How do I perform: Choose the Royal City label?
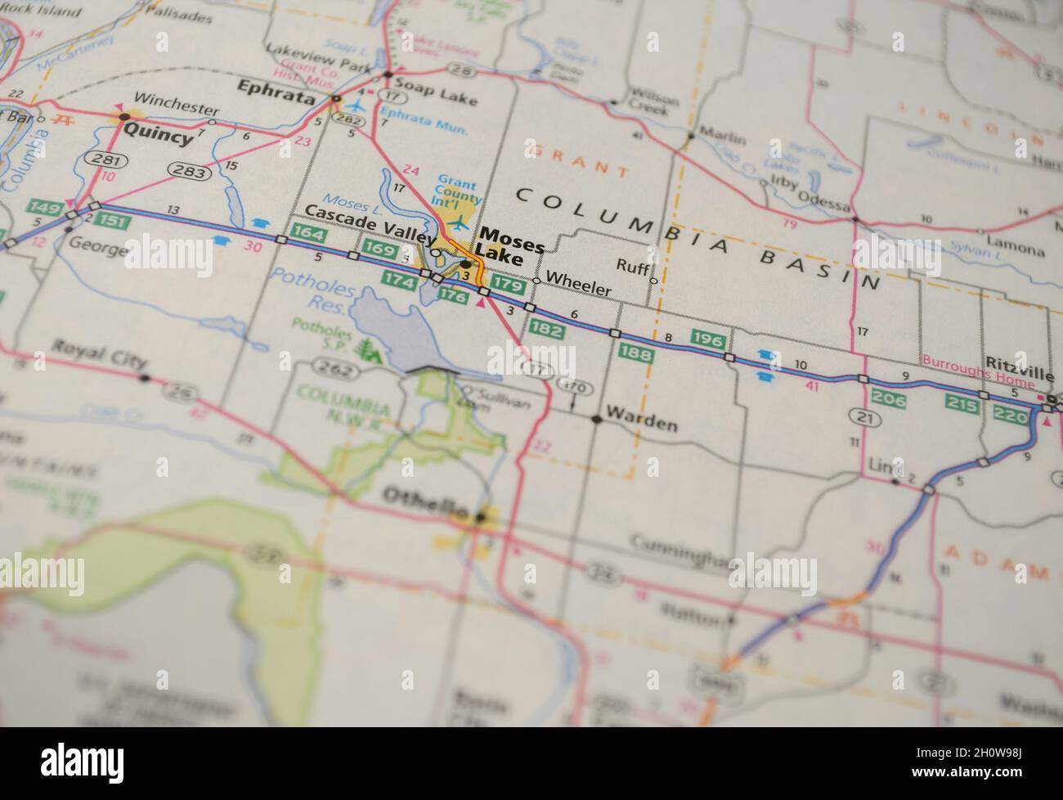pos(99,362)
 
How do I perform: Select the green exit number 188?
pos(635,353)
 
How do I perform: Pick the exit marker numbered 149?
pos(44,208)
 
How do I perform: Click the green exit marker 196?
pos(709,337)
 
